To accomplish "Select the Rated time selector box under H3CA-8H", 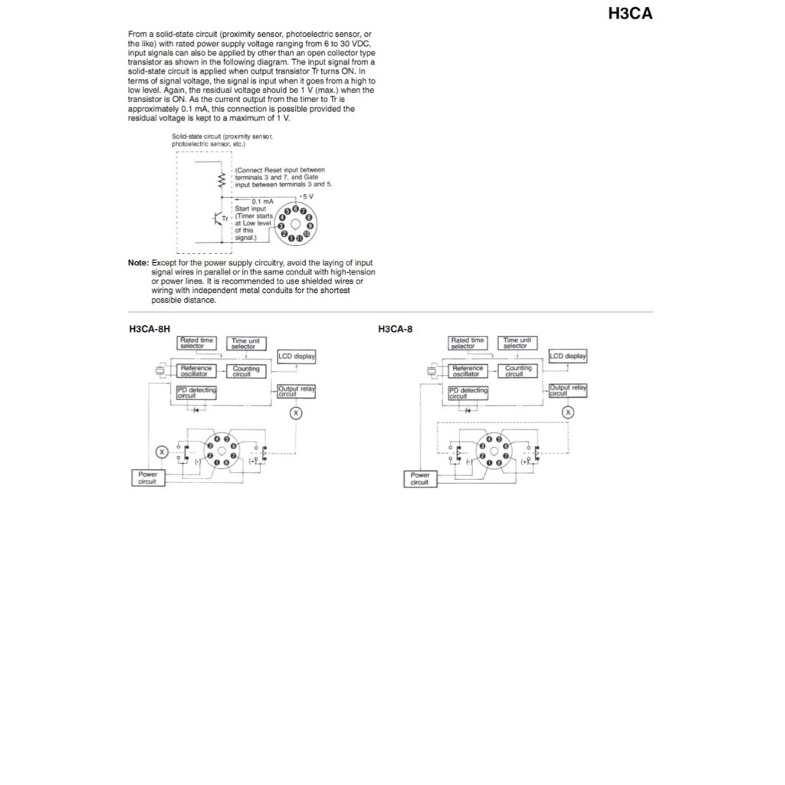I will point(196,343).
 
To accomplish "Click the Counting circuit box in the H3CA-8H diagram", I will point(246,371).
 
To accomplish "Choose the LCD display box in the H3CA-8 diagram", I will point(568,356).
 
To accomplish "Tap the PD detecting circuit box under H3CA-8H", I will point(196,392).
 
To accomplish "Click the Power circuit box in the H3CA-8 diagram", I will point(419,478).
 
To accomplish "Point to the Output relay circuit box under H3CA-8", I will point(568,390).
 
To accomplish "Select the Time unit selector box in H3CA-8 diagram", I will point(518,343).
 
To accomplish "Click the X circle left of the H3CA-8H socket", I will point(161,452).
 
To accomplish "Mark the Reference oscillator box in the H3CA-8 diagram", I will point(467,371).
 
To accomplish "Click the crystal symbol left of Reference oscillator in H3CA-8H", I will point(158,372).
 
